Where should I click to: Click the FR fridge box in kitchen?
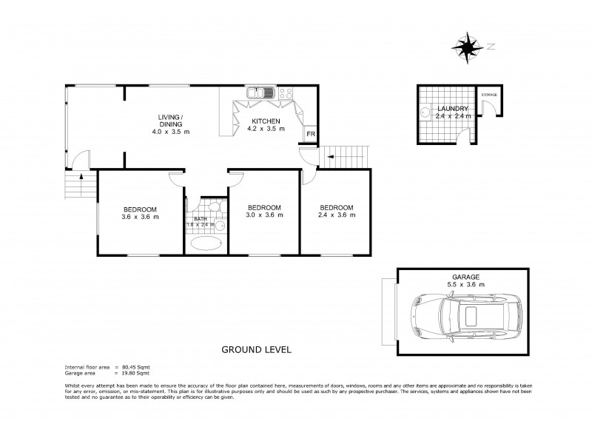[x=311, y=135]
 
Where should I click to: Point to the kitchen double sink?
[x=260, y=93]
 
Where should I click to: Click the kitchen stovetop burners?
[x=286, y=93]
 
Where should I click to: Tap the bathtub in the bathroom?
[x=206, y=242]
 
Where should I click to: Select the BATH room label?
[x=201, y=219]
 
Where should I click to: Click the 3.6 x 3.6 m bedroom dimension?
[x=141, y=216]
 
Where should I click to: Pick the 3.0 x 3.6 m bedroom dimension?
[x=263, y=216]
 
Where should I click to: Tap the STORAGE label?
[x=489, y=95]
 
